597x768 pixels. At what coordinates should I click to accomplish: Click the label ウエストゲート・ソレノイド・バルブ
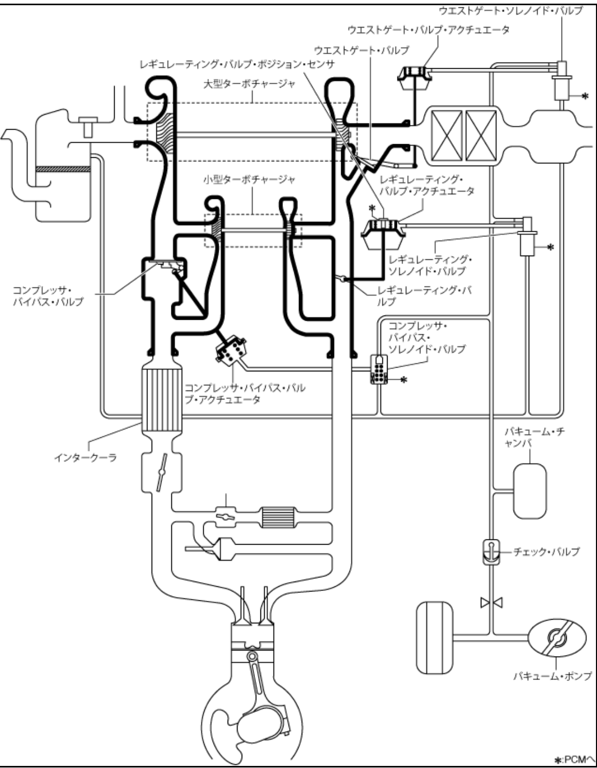coord(511,11)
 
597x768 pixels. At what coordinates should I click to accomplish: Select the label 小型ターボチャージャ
coord(249,180)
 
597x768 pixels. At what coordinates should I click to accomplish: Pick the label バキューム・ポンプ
coord(552,676)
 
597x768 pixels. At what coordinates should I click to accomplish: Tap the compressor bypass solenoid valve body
coord(379,369)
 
